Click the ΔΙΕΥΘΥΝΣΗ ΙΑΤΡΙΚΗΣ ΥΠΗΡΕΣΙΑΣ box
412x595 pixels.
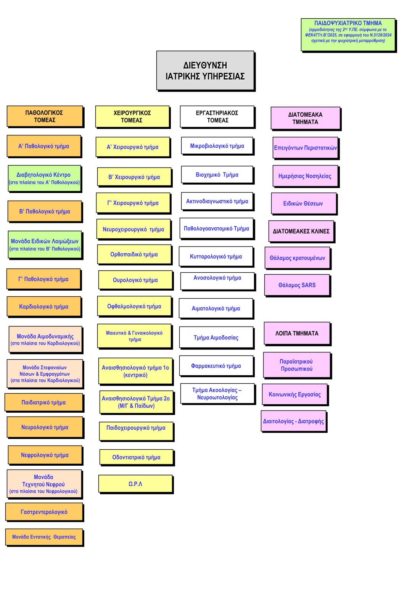pyautogui.click(x=205, y=71)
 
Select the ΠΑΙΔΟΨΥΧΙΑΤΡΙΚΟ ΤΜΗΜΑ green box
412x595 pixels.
pyautogui.click(x=348, y=34)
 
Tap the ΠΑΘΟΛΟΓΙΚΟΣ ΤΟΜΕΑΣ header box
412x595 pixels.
pyautogui.click(x=45, y=116)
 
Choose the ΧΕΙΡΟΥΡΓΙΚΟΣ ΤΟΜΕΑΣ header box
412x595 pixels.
pyautogui.click(x=132, y=117)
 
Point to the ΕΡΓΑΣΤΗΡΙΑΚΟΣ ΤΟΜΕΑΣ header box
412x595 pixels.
pyautogui.click(x=217, y=116)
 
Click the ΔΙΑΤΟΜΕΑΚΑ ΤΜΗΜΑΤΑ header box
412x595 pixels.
pyautogui.click(x=305, y=118)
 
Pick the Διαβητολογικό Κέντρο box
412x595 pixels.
pyautogui.click(x=44, y=178)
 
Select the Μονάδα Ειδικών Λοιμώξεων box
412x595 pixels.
pyautogui.click(x=45, y=244)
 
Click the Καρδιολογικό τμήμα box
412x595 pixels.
pyautogui.click(x=44, y=307)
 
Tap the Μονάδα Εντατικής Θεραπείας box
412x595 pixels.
pyautogui.click(x=44, y=537)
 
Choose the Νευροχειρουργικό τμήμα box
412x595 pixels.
pyautogui.click(x=134, y=229)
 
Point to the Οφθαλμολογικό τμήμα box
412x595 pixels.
pyautogui.click(x=134, y=306)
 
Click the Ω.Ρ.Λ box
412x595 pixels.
pyautogui.click(x=135, y=484)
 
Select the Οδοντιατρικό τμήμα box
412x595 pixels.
pyautogui.click(x=136, y=457)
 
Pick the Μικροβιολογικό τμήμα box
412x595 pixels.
pyautogui.click(x=217, y=146)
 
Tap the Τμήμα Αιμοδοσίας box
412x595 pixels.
pyautogui.click(x=216, y=338)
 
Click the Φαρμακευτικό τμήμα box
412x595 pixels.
pyautogui.click(x=216, y=366)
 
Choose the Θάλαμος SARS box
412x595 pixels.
pyautogui.click(x=297, y=285)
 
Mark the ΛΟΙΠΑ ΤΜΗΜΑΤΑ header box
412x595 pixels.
pyautogui.click(x=297, y=333)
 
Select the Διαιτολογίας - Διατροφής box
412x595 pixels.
pyautogui.click(x=293, y=421)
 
